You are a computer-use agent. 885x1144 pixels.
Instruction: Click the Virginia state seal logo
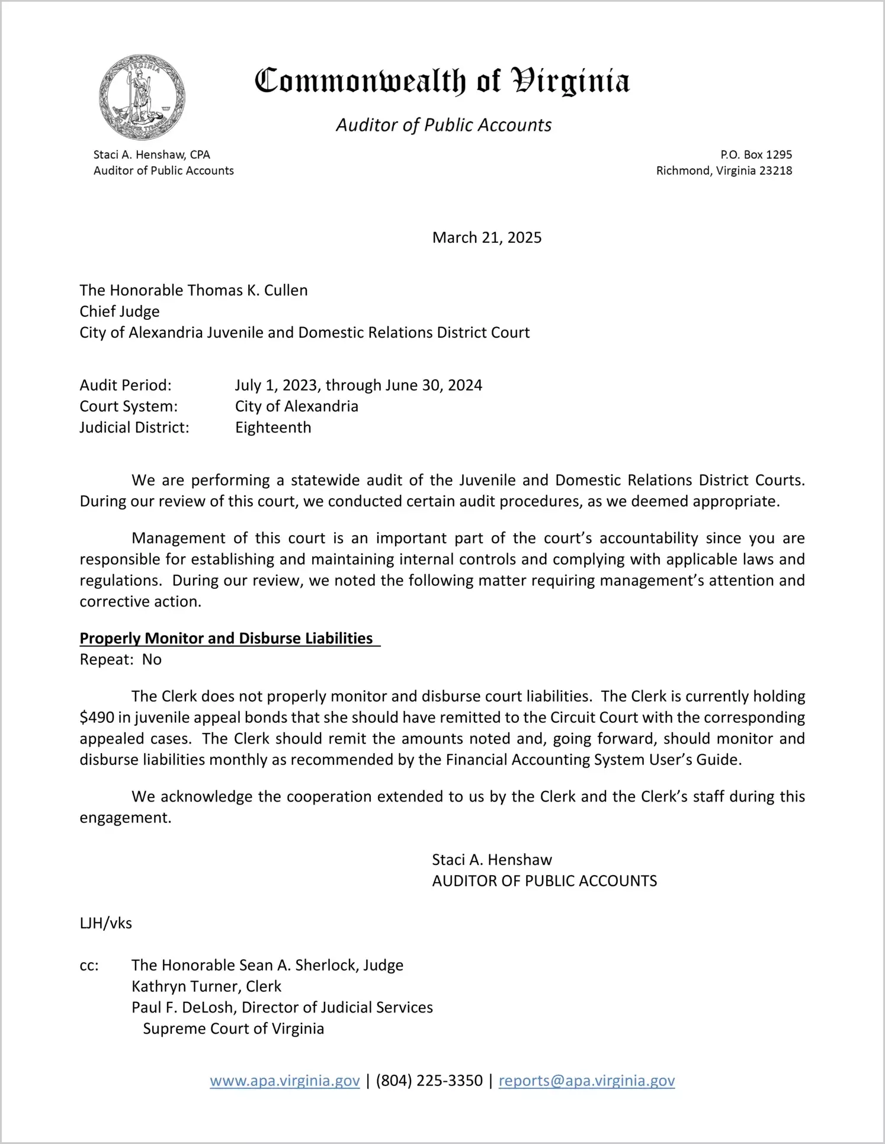(x=142, y=97)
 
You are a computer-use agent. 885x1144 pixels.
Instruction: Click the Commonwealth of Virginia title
(x=442, y=81)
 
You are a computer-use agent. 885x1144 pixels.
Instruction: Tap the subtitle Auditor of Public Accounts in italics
(x=444, y=125)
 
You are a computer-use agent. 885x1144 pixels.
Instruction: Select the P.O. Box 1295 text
(x=756, y=155)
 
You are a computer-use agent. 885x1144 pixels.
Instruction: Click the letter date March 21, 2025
(x=486, y=238)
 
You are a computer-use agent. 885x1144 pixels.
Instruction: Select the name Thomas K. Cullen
(x=248, y=290)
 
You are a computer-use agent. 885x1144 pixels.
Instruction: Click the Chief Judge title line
(x=120, y=312)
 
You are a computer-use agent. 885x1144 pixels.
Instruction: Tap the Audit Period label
(x=126, y=385)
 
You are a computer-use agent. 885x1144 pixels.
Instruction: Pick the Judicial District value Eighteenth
(x=272, y=428)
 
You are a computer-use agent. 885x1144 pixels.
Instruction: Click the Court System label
(x=129, y=406)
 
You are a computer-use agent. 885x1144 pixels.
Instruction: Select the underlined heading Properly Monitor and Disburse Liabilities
(x=226, y=638)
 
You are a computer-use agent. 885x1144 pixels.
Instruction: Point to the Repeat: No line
(x=121, y=659)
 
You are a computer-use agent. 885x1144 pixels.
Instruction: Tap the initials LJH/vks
(x=106, y=923)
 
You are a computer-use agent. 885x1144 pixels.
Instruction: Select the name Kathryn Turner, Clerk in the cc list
(x=206, y=986)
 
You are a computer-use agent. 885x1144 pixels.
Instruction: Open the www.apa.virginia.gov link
(x=284, y=1081)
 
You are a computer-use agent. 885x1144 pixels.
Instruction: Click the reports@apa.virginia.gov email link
(x=586, y=1081)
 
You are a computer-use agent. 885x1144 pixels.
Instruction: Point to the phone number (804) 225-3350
(x=429, y=1081)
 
